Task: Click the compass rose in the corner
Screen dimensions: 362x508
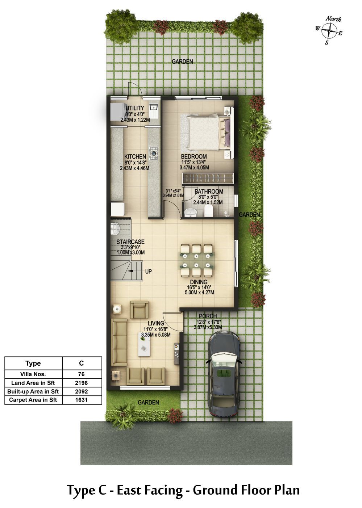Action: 329,31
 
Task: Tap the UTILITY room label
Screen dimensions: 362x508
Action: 135,108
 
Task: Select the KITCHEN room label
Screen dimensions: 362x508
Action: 135,156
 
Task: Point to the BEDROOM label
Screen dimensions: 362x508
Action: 194,156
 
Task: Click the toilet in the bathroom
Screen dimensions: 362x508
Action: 208,211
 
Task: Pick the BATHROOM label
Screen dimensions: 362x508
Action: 209,192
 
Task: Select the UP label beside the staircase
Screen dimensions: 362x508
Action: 149,271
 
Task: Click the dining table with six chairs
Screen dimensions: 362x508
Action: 197,260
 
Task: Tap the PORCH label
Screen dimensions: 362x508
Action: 208,316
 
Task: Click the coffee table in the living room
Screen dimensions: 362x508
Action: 144,345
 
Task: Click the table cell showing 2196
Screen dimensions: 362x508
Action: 82,383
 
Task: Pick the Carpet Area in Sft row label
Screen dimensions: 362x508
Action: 33,400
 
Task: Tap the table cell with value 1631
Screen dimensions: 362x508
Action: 82,400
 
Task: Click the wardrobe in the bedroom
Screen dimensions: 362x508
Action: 208,178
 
